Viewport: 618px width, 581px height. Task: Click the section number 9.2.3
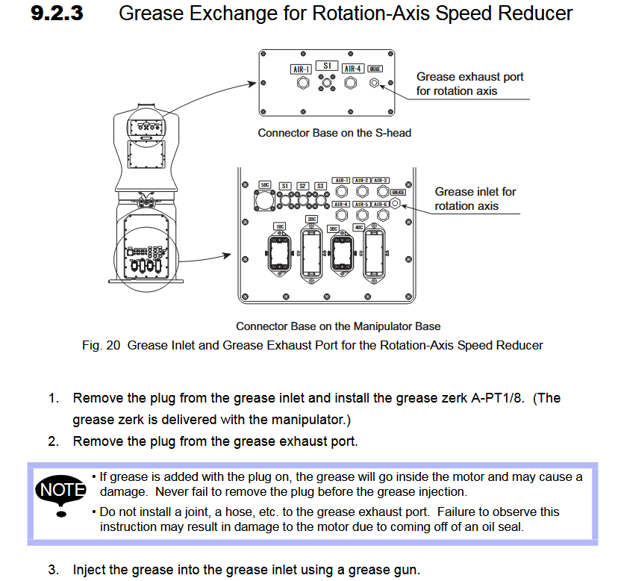[57, 13]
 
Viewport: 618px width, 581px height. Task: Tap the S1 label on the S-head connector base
[326, 66]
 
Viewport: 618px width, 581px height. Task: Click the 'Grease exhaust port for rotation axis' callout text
[469, 84]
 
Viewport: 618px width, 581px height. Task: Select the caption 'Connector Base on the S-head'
[334, 133]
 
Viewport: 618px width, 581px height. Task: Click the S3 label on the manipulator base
[319, 185]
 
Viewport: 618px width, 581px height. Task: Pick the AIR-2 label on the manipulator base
[361, 180]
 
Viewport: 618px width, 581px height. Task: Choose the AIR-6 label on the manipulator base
[380, 204]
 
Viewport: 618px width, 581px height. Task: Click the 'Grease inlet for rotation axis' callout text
[475, 199]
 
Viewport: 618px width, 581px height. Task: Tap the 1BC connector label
[279, 226]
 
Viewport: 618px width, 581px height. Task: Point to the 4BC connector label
[358, 227]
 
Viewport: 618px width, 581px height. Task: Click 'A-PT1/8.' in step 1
[502, 398]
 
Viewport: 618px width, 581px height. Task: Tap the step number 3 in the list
[54, 570]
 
